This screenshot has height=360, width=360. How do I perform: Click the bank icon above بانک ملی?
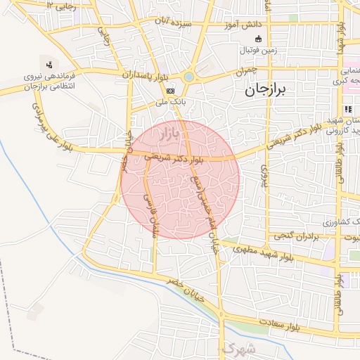coord(170,91)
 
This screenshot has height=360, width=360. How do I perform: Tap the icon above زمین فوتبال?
coord(257,39)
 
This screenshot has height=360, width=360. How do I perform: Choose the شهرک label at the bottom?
coord(236,349)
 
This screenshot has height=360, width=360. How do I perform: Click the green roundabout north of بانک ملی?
coord(188,77)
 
